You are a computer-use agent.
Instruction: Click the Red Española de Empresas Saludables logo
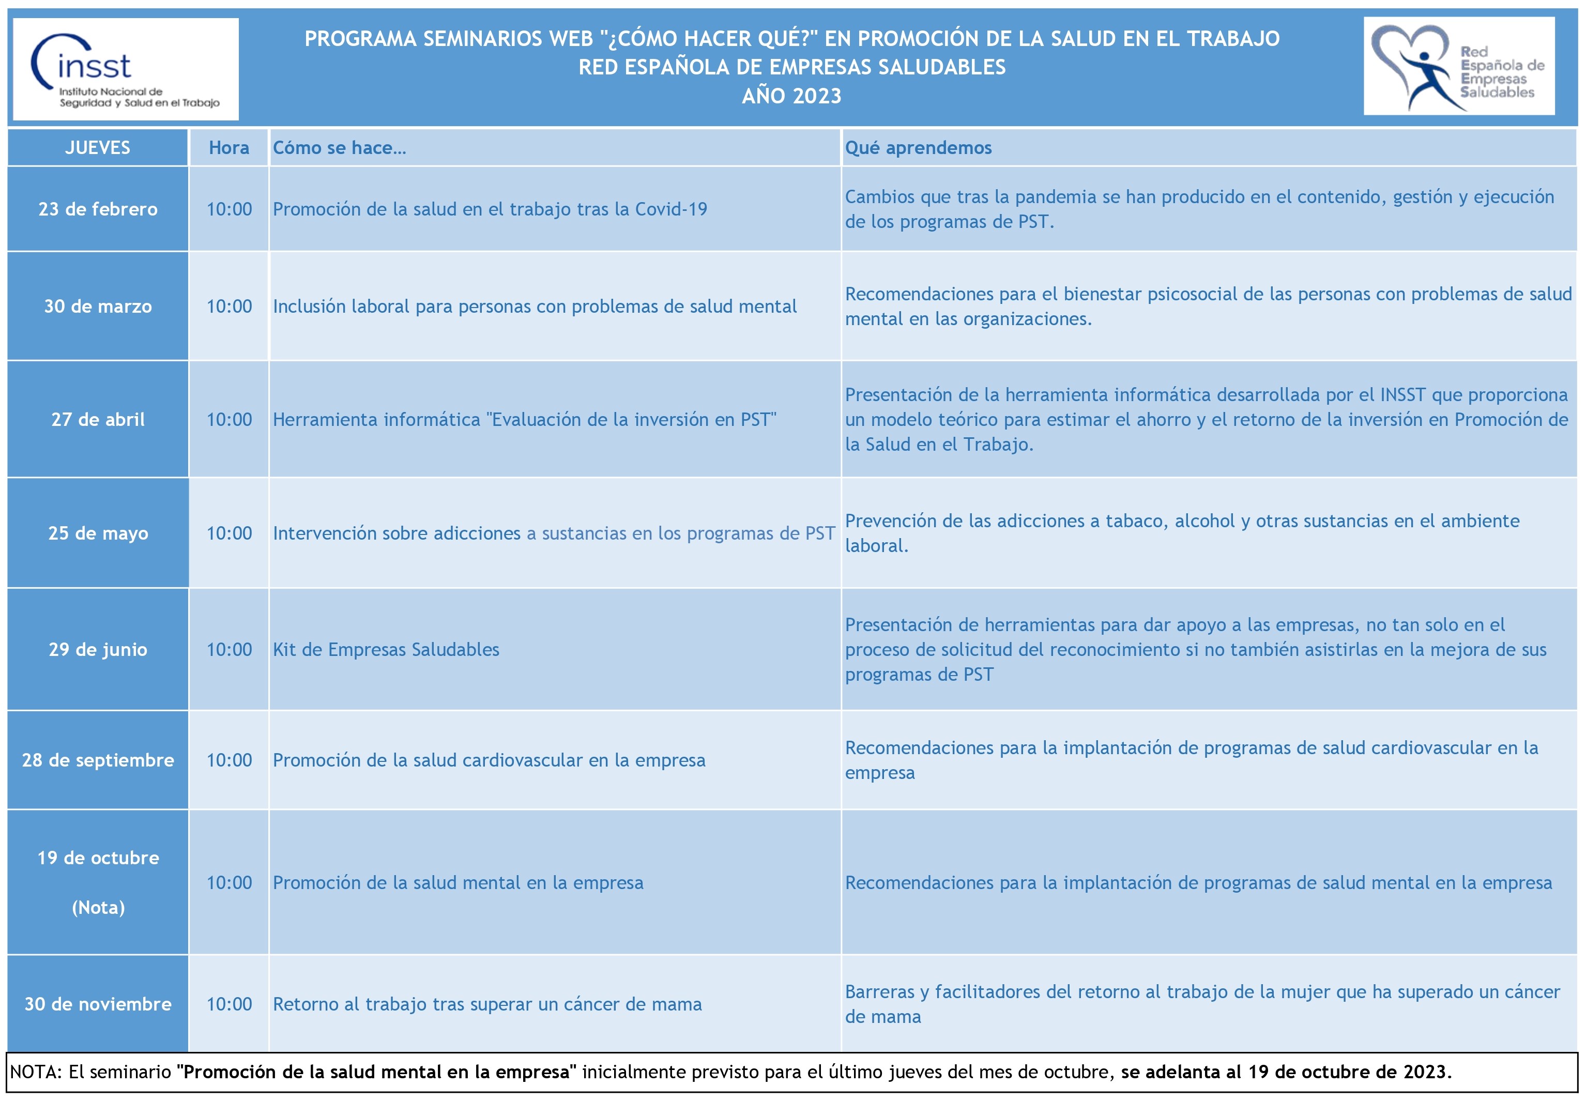(x=1458, y=67)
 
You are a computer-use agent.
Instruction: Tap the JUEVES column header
(x=97, y=148)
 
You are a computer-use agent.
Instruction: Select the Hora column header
(x=229, y=148)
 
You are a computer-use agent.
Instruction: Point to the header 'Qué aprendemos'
(x=918, y=148)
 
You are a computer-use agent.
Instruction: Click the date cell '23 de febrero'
(x=97, y=209)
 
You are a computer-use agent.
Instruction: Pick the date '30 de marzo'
(x=97, y=307)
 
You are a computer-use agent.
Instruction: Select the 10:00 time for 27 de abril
(x=229, y=419)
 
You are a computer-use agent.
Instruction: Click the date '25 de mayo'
(x=97, y=533)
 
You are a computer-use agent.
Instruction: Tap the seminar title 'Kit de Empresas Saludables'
(x=386, y=649)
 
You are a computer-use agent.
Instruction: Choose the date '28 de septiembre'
(x=97, y=760)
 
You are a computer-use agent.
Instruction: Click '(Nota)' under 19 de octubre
(x=98, y=907)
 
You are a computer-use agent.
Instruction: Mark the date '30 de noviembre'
(x=97, y=1004)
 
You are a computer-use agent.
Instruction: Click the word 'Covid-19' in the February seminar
(x=670, y=209)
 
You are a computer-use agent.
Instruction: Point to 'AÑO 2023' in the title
(x=791, y=96)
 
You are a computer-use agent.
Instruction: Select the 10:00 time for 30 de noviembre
(x=229, y=1004)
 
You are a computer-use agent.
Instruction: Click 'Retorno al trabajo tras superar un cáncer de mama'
(x=487, y=1004)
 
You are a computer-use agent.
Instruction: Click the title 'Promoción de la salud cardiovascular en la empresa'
(x=489, y=760)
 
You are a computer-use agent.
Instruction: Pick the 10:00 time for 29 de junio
(x=229, y=649)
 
